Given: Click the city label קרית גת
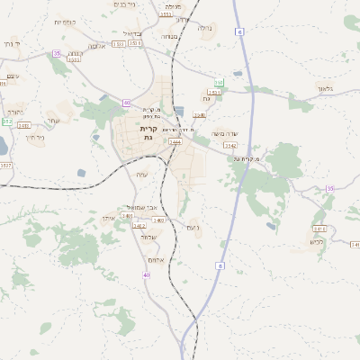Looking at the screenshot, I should pyautogui.click(x=148, y=132).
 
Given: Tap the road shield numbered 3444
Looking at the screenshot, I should pyautogui.click(x=175, y=141).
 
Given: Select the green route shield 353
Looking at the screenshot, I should pyautogui.click(x=218, y=84).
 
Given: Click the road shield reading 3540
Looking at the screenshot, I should pyautogui.click(x=199, y=115).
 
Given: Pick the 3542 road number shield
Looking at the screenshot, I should pyautogui.click(x=230, y=145).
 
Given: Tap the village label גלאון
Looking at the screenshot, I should pyautogui.click(x=325, y=88).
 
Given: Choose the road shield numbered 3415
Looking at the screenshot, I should pyautogui.click(x=319, y=229).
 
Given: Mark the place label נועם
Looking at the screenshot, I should pyautogui.click(x=192, y=228).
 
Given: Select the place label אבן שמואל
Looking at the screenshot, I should pyautogui.click(x=137, y=207).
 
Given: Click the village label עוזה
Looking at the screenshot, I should pyautogui.click(x=141, y=175).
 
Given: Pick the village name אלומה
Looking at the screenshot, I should pyautogui.click(x=98, y=46).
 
